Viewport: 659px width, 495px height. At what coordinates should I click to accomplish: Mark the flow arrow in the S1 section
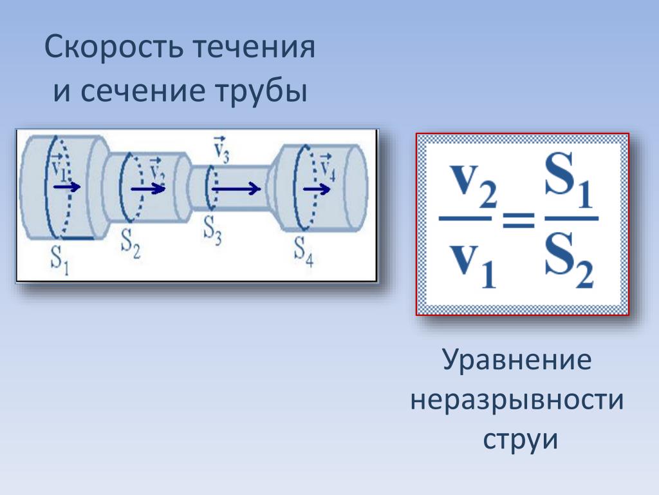[67, 187]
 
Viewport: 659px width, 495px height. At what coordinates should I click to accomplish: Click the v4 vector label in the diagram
[327, 169]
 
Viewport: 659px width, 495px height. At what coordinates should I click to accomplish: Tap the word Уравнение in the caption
[517, 362]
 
